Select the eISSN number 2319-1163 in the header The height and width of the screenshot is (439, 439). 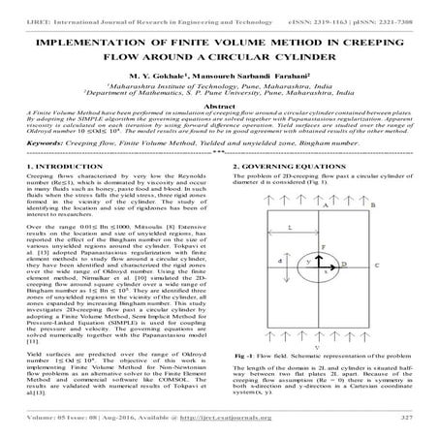[x=326, y=6]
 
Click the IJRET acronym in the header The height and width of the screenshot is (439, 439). [x=17, y=6]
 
